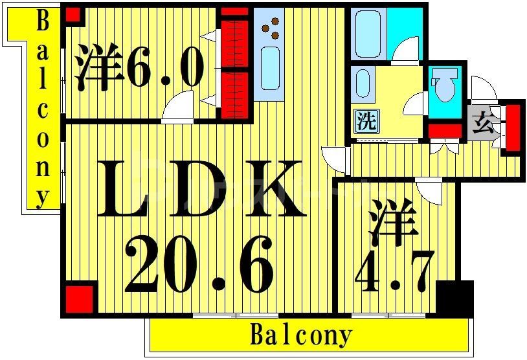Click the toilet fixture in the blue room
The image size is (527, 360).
443,88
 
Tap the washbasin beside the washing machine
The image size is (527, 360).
363,84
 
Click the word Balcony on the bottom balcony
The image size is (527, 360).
301,335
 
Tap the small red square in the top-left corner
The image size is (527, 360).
73,14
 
